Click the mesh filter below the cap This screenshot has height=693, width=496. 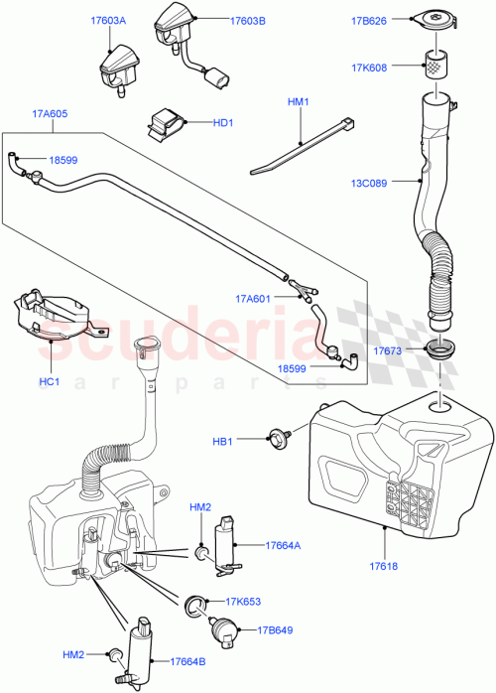[433, 67]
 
